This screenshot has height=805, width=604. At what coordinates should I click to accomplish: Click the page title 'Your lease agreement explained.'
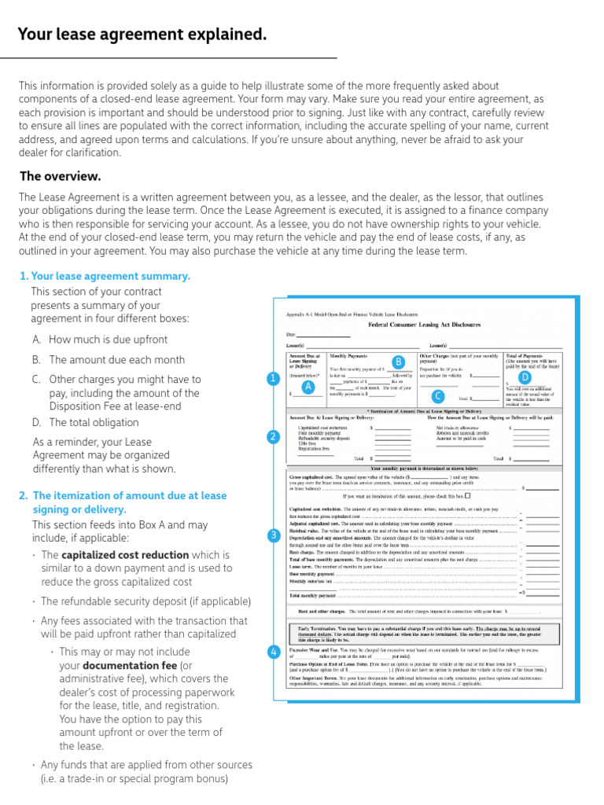coord(142,35)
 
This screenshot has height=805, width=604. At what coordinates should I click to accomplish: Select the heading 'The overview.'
coord(60,176)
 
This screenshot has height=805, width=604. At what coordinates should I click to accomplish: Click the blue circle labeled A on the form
coord(308,387)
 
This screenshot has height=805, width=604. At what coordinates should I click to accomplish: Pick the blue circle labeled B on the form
coord(398,362)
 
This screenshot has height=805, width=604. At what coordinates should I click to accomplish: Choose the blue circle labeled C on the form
coord(438,395)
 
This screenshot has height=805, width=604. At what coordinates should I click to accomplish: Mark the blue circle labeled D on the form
coord(525,378)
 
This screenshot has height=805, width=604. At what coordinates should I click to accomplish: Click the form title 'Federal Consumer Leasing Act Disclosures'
coord(424,325)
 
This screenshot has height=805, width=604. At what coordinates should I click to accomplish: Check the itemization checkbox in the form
coord(468,496)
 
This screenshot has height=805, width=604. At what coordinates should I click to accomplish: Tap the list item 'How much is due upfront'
coord(108,340)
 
